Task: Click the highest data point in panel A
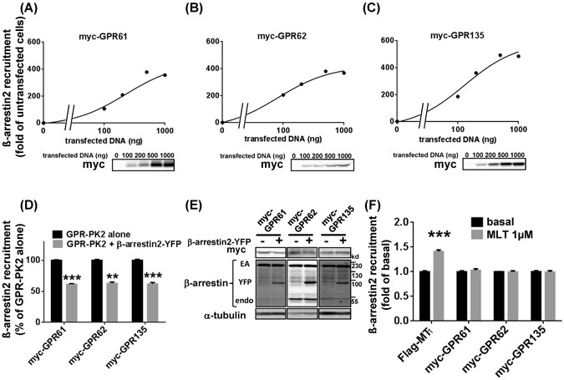pos(146,73)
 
